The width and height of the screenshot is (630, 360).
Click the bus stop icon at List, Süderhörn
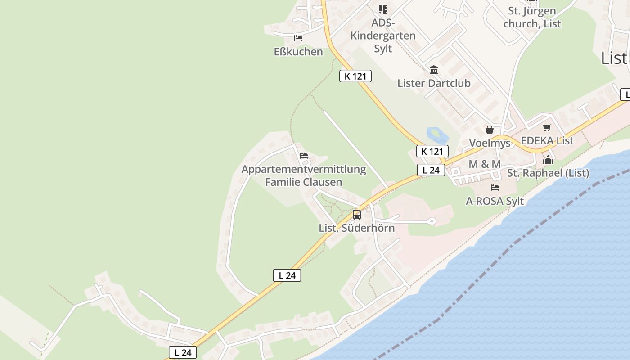(357, 215)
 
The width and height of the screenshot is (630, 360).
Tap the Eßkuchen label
(298, 52)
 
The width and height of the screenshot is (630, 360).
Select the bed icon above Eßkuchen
(298, 38)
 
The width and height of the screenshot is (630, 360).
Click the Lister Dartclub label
(434, 83)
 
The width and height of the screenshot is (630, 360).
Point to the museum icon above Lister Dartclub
(434, 70)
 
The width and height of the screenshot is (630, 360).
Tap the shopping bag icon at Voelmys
(490, 130)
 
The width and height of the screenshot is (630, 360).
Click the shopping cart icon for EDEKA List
(547, 128)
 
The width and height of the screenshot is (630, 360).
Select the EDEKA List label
(547, 141)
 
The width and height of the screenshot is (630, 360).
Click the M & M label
(485, 164)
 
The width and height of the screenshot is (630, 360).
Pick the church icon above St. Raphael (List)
(548, 160)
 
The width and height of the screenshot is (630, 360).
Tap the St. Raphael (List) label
(548, 173)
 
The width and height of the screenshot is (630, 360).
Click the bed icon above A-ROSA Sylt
(495, 187)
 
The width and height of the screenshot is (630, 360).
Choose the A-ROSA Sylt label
(495, 201)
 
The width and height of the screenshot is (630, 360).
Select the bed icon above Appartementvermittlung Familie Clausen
(304, 156)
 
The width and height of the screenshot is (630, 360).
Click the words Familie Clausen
(304, 182)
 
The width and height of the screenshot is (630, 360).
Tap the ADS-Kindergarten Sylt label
(383, 36)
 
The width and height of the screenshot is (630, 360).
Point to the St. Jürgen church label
(532, 17)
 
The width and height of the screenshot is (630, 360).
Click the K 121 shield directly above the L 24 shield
(432, 151)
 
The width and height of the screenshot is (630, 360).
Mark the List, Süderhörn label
(357, 228)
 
